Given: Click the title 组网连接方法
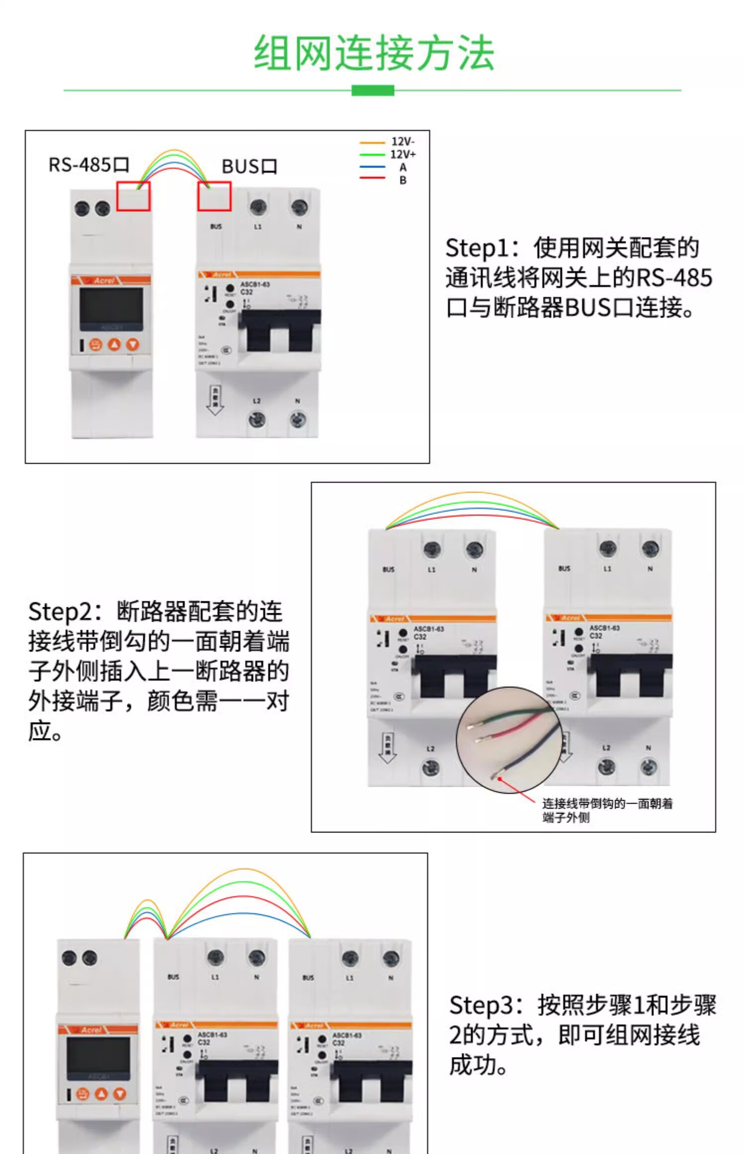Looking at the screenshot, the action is [373, 54].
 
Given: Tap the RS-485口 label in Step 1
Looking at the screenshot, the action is [88, 165].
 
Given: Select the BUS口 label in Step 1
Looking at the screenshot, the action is [249, 166].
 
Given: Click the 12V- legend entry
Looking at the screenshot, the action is [402, 142].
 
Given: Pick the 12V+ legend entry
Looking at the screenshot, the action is [402, 154].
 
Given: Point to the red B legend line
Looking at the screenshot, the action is [372, 178].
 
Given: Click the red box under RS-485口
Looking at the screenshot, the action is [133, 196].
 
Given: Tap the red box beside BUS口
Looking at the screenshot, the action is [215, 196].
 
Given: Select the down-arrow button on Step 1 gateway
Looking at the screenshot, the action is [133, 344].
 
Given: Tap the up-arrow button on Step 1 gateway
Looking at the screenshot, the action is [114, 344].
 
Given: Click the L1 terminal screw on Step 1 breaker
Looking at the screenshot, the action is [258, 207].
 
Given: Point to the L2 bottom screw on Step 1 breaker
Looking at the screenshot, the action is [257, 420].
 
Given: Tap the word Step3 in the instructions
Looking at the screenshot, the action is [478, 1005].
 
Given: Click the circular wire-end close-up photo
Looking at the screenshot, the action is [509, 740].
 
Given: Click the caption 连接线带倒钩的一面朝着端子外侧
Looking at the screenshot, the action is [606, 810].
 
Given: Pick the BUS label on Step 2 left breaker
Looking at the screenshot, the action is [388, 570].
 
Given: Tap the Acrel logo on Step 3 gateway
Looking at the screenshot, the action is [91, 1030].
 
